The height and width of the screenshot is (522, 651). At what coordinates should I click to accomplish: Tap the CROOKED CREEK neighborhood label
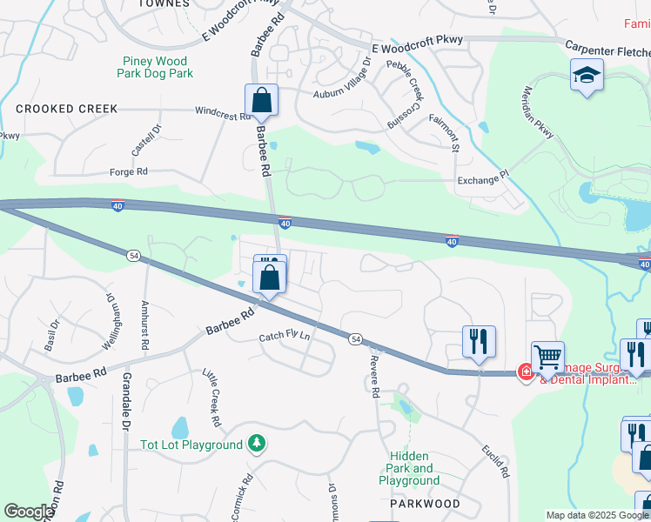pyautogui.click(x=66, y=109)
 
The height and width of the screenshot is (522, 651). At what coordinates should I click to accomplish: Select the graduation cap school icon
pyautogui.click(x=587, y=76)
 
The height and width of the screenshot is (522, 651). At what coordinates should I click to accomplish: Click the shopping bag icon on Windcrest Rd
pyautogui.click(x=261, y=101)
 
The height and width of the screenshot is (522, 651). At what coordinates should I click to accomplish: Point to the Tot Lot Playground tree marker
pyautogui.click(x=256, y=445)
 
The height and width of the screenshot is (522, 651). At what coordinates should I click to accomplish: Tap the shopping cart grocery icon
pyautogui.click(x=547, y=357)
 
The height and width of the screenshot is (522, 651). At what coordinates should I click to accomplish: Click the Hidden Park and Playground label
pyautogui.click(x=409, y=468)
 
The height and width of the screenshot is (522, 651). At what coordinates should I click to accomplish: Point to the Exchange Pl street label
pyautogui.click(x=481, y=181)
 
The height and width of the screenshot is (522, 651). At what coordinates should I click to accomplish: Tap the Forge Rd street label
pyautogui.click(x=128, y=172)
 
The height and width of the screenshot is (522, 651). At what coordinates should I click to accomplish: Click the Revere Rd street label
pyautogui.click(x=374, y=376)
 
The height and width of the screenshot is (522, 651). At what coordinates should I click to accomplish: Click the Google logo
pyautogui.click(x=29, y=511)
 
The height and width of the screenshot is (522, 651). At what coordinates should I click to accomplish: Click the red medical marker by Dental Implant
pyautogui.click(x=525, y=372)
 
